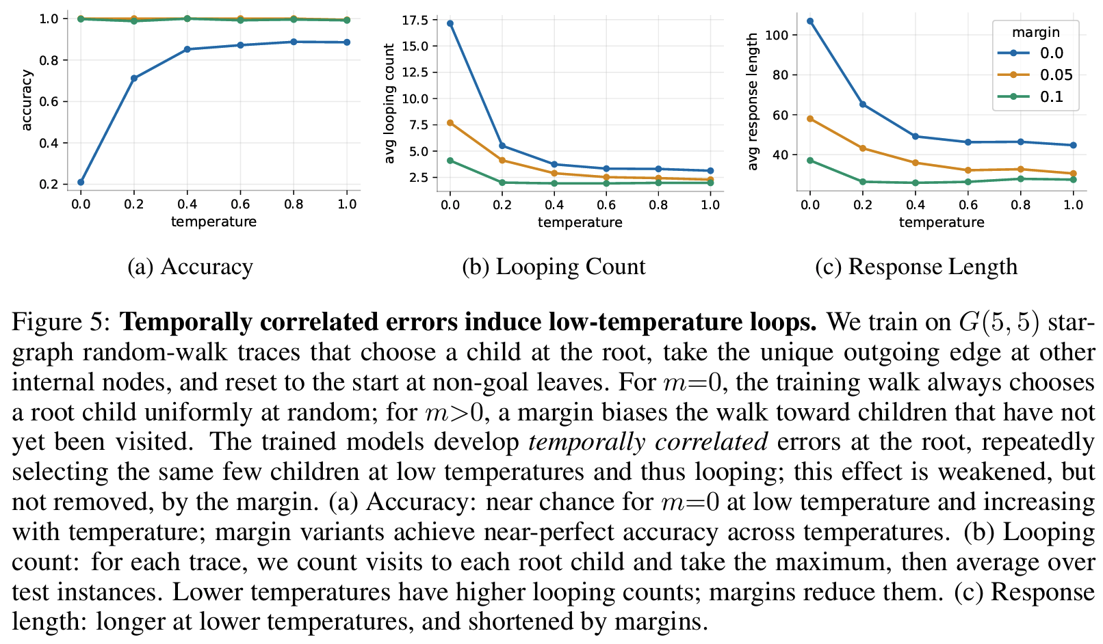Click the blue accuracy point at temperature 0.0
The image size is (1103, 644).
pyautogui.click(x=81, y=183)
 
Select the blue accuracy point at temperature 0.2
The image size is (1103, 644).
pyautogui.click(x=134, y=79)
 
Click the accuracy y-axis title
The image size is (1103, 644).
pyautogui.click(x=27, y=100)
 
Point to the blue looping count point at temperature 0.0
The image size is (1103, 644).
pyautogui.click(x=450, y=23)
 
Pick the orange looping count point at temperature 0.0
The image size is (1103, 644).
pyautogui.click(x=450, y=123)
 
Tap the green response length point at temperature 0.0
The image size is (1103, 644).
pyautogui.click(x=810, y=161)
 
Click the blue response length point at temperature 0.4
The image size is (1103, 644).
pyautogui.click(x=916, y=137)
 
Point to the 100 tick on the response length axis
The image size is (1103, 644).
pyautogui.click(x=781, y=35)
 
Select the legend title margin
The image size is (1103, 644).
pyautogui.click(x=1036, y=32)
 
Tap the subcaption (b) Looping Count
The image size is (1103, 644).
pyautogui.click(x=554, y=267)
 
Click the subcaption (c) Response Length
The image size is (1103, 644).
pyautogui.click(x=916, y=267)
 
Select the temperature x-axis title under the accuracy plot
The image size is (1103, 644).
pyautogui.click(x=213, y=222)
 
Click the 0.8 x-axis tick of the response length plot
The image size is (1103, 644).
pyautogui.click(x=1020, y=204)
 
